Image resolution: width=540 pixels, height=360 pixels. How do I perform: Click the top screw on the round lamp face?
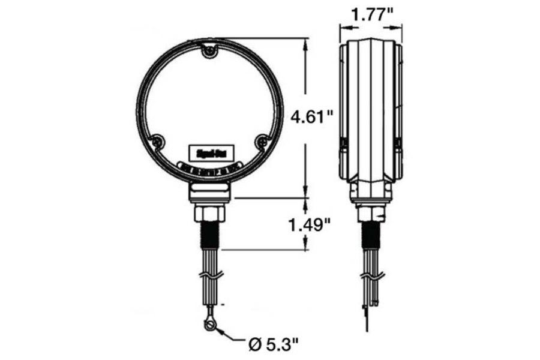tap(208, 53)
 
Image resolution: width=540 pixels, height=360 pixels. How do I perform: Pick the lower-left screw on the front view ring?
tap(157, 142)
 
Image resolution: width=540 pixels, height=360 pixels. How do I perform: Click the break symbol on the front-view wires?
tap(209, 275)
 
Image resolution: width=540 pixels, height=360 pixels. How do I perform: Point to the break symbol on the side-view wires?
tap(370, 275)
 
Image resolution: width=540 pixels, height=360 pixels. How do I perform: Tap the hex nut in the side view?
tap(370, 213)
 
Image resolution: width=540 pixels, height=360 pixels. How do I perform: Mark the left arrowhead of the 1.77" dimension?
tap(343, 26)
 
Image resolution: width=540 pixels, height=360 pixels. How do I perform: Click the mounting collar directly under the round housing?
tap(209, 192)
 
